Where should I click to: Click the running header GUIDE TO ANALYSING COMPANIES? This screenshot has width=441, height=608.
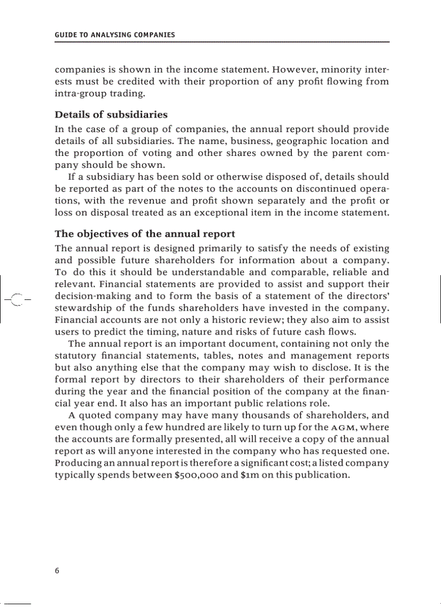(115, 35)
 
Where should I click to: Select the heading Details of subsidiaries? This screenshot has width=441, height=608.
(111, 115)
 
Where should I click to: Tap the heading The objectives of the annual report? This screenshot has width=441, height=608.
(145, 234)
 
